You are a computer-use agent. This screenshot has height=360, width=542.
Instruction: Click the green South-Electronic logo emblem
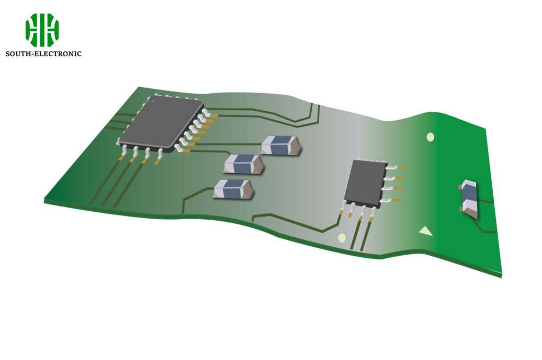point(42,30)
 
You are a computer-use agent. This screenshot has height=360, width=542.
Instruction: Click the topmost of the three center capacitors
point(281,145)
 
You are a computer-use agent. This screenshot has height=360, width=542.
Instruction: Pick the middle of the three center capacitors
point(243,164)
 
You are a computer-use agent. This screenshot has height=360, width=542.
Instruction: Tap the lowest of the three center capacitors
point(233,189)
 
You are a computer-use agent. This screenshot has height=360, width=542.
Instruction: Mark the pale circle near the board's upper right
point(430,137)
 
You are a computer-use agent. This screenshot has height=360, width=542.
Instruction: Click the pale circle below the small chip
point(342,238)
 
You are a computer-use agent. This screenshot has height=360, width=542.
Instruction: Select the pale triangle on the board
point(424,231)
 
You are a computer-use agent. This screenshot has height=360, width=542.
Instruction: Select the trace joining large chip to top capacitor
point(228,144)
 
